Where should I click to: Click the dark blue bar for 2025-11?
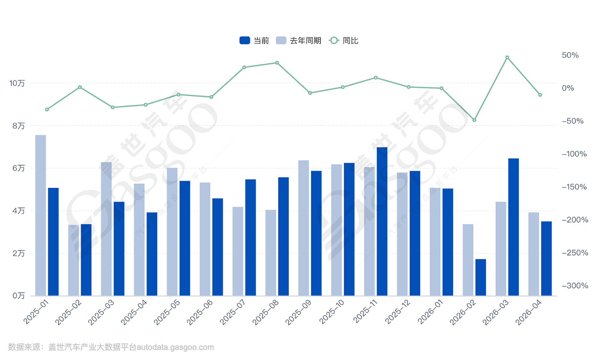382,221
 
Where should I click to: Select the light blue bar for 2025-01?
41,215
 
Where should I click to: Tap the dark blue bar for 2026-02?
481,277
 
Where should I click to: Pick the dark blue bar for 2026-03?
513,227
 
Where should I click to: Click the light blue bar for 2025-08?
271,253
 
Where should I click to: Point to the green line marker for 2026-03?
507,57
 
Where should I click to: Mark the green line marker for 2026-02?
475,120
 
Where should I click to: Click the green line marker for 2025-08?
277,63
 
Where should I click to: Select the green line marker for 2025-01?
47,110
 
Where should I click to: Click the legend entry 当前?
254,41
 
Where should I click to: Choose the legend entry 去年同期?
299,41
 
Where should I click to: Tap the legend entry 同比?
343,41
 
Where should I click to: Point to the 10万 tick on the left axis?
17,83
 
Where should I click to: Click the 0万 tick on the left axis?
18,296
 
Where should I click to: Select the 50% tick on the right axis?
570,55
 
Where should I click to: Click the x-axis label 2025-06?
200,312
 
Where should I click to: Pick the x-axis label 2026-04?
529,312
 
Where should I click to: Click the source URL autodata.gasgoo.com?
175,347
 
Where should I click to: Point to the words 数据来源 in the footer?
24,347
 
